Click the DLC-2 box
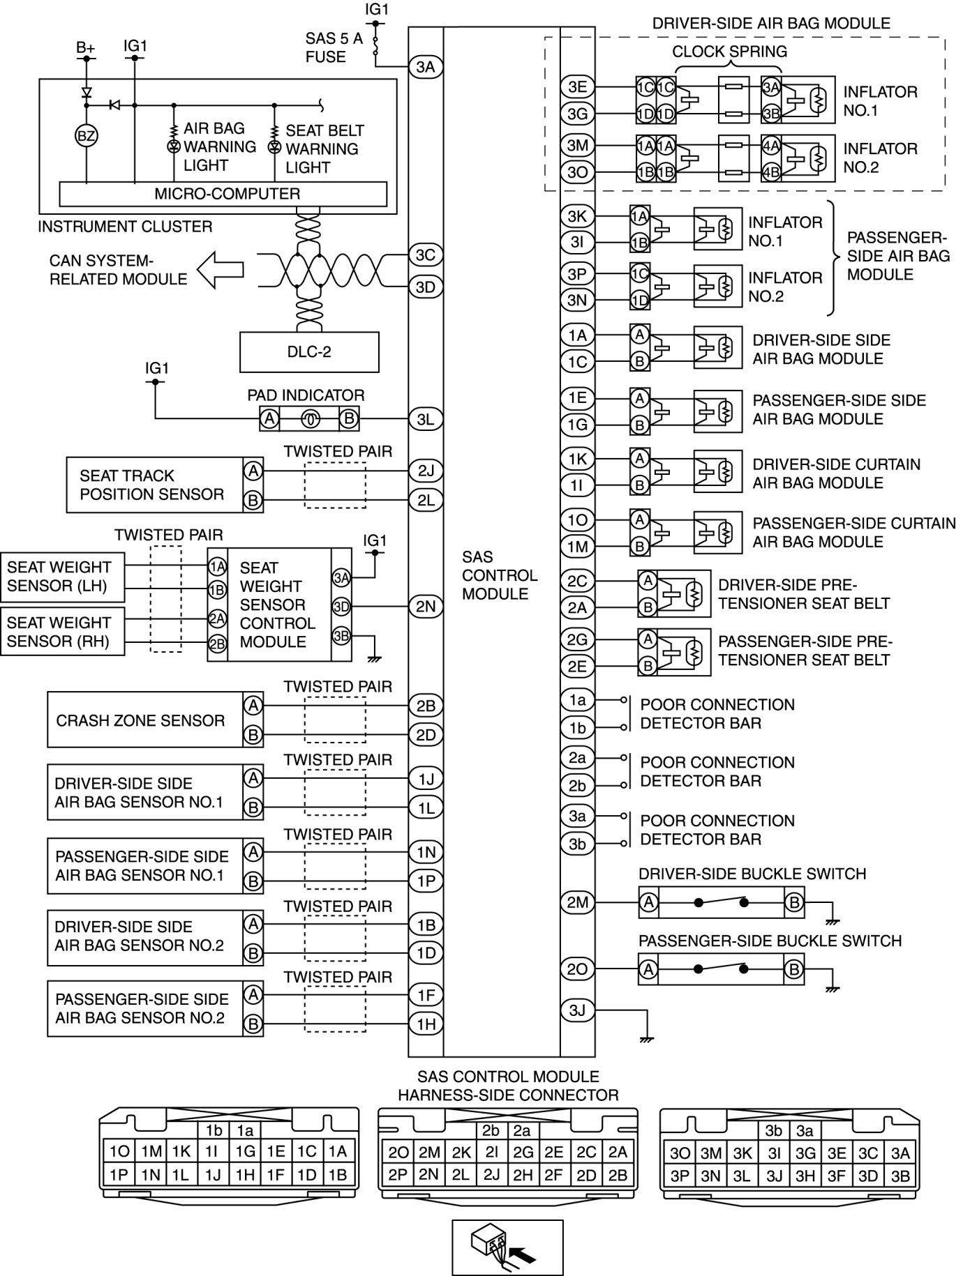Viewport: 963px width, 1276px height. (309, 351)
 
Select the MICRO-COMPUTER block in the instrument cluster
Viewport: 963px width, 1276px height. (223, 194)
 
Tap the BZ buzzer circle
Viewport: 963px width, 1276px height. (86, 136)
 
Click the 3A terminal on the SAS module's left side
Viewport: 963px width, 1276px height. (426, 67)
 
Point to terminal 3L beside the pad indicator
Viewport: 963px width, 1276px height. (426, 419)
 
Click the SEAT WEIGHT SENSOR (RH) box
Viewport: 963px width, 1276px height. (62, 632)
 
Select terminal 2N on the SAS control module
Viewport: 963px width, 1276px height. (426, 607)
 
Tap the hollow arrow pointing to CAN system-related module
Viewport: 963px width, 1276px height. (220, 270)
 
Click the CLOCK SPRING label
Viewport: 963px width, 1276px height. (729, 52)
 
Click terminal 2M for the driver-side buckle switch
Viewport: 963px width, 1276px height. (577, 903)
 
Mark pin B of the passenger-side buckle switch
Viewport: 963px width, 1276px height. (793, 969)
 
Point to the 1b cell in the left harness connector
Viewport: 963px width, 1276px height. (214, 1130)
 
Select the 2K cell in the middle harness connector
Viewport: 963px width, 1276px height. (460, 1153)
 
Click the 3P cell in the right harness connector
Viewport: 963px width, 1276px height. (679, 1176)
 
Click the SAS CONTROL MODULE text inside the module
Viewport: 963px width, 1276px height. (500, 575)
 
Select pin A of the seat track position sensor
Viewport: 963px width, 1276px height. (253, 471)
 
